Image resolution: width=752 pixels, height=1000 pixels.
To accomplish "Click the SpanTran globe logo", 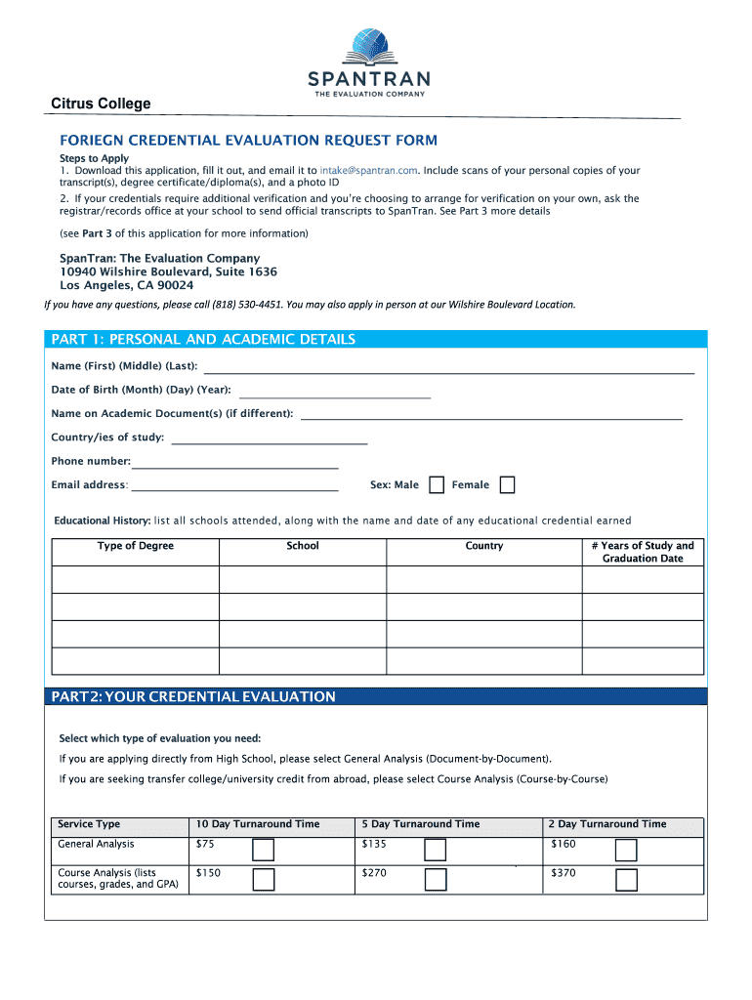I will click(368, 46).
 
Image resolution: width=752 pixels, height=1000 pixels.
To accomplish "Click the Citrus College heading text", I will click(102, 104).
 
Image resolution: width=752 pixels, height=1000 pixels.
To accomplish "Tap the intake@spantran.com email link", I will click(369, 170).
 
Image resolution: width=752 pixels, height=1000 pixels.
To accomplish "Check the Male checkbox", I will click(437, 485).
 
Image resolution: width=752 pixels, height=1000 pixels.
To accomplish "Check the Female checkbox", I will click(507, 485).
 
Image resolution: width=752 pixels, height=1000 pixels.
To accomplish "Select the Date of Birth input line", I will click(333, 394).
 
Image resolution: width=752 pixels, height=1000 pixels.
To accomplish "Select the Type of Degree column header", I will click(135, 546).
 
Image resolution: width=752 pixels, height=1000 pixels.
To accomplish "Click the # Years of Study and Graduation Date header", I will click(643, 552).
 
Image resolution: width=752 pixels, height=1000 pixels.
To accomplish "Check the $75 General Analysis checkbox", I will click(264, 850).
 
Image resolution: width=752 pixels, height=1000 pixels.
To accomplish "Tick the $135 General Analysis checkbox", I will click(436, 850).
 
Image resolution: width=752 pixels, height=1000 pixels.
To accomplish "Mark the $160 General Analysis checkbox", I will click(626, 850).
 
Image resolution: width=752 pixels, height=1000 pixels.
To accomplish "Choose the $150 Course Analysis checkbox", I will click(264, 880).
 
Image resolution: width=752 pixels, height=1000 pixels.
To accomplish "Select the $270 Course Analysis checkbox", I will click(436, 880).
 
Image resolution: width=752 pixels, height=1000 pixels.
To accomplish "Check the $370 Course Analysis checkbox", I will click(626, 880).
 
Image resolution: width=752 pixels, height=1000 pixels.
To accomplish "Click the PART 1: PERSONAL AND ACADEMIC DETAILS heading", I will click(203, 340).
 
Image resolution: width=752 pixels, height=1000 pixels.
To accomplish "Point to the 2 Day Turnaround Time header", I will click(606, 824).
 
